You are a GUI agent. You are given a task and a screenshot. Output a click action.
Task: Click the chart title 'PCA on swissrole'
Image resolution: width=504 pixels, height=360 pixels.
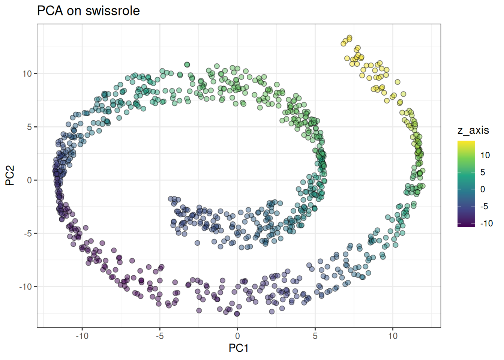(x=88, y=10)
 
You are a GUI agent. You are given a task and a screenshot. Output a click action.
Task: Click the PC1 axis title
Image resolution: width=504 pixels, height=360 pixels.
(x=238, y=348)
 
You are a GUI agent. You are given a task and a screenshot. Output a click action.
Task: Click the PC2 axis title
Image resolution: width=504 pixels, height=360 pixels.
(x=10, y=175)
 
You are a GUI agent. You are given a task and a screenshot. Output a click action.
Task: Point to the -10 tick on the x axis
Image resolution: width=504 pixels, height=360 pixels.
(x=82, y=336)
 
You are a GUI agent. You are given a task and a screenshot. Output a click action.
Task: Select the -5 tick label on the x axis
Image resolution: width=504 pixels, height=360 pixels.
(x=160, y=336)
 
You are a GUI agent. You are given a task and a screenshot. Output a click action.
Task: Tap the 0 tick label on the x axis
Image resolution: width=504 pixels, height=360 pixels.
(x=237, y=336)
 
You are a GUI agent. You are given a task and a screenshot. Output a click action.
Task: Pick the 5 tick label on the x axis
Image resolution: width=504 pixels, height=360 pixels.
(x=315, y=336)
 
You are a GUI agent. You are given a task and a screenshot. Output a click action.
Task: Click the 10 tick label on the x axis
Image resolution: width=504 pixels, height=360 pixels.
(x=393, y=336)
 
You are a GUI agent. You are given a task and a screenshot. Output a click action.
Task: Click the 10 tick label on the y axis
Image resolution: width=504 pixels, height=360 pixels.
(x=27, y=73)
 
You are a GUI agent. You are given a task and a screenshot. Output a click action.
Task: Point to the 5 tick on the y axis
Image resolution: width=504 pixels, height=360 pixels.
(x=30, y=127)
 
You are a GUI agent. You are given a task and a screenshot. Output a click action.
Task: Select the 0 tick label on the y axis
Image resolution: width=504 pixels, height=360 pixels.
(x=30, y=180)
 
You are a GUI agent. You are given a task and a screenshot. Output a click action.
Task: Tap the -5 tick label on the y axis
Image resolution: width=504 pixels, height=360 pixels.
(x=27, y=233)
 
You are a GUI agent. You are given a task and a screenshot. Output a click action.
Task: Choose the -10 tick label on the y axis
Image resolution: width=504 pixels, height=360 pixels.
(x=25, y=286)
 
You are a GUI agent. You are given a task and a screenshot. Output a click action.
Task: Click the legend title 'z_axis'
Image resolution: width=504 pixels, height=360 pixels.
(x=473, y=130)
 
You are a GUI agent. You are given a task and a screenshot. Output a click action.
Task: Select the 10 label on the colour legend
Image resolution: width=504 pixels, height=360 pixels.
(x=485, y=155)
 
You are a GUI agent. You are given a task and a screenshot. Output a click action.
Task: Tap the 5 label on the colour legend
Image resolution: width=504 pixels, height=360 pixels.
(x=483, y=172)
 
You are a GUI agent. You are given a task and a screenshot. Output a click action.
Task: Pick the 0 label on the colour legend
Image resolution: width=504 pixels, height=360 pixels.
(x=483, y=189)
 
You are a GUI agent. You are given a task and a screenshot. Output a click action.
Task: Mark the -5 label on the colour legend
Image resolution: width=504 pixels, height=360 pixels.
(x=484, y=206)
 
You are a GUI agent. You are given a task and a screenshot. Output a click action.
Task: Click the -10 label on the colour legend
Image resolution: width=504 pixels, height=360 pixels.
(x=486, y=223)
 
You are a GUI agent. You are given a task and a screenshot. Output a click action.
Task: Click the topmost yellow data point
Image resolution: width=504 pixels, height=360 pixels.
(x=349, y=38)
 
